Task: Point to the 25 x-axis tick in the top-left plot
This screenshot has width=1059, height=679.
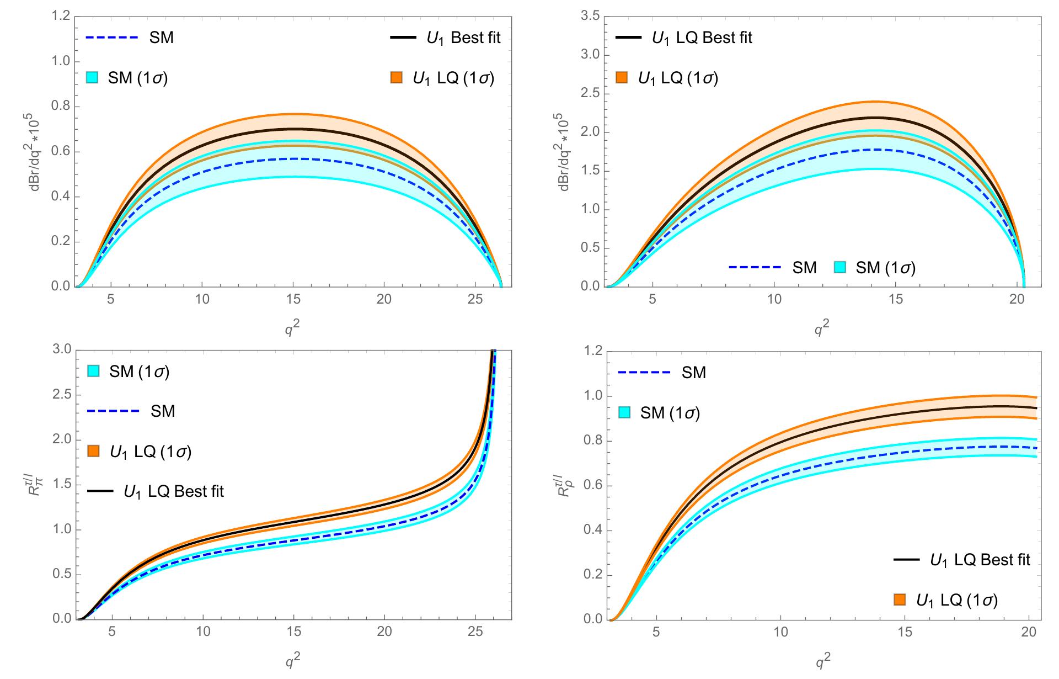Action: (x=475, y=299)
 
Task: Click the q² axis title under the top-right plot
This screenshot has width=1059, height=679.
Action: (x=822, y=328)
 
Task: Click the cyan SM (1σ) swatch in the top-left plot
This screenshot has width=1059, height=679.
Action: (x=92, y=78)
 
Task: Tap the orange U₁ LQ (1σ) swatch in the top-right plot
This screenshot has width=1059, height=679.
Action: (x=622, y=78)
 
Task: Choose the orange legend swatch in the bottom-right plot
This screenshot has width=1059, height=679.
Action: (x=900, y=600)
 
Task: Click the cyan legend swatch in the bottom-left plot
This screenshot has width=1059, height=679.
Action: (x=92, y=372)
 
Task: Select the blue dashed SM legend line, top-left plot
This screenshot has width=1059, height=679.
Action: (x=111, y=38)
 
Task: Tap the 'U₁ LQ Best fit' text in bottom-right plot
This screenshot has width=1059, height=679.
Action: (x=980, y=560)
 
